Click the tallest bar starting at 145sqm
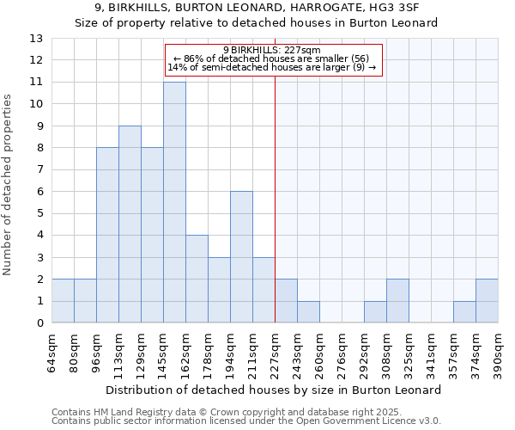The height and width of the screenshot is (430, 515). point(174,202)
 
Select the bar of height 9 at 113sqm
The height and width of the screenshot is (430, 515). point(130,224)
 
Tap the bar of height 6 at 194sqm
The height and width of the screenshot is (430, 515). point(241,257)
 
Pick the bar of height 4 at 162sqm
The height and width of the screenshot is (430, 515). point(197,279)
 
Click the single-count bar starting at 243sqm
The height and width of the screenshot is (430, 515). point(308,312)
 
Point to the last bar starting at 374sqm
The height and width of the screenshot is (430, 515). point(487,301)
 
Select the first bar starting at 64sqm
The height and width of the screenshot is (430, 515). point(63,301)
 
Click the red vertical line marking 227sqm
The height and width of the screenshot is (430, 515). point(275,198)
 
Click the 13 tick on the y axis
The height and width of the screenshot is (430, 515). point(36,39)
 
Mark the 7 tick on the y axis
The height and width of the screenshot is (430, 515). point(39,169)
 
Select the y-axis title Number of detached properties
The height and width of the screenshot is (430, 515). point(9,181)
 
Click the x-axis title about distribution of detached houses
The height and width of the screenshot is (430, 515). point(275,390)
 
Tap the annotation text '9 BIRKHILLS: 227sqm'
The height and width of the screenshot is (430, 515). point(271,50)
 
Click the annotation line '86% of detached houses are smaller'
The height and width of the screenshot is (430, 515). point(271,58)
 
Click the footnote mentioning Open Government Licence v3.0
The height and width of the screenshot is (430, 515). point(245,421)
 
